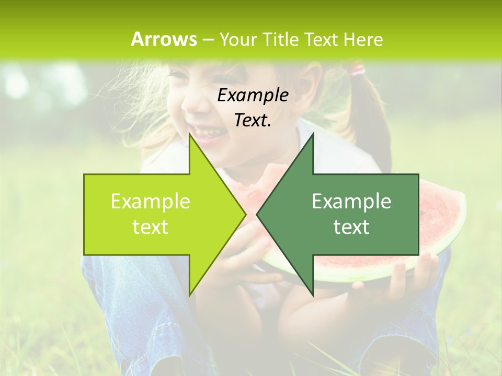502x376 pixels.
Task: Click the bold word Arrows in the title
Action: [164, 39]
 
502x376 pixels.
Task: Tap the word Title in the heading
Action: [280, 39]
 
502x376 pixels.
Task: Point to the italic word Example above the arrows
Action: [253, 96]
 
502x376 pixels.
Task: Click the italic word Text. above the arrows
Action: [253, 121]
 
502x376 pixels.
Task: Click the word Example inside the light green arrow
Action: [151, 202]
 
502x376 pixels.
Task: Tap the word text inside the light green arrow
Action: [151, 227]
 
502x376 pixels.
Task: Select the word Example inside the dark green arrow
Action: [351, 202]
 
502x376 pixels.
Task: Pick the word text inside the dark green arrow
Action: [351, 227]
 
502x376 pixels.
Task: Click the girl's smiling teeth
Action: [207, 132]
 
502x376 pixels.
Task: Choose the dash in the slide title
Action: [208, 40]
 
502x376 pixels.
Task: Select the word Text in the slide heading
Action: [322, 39]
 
